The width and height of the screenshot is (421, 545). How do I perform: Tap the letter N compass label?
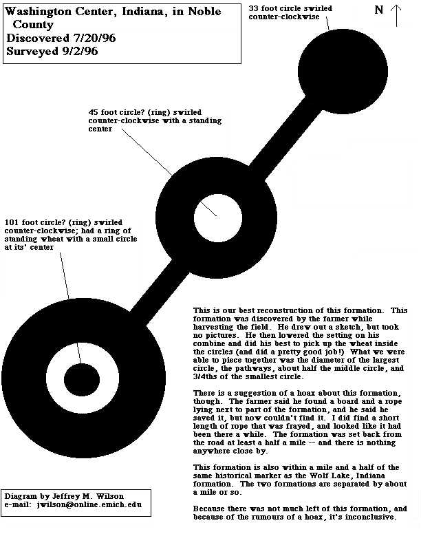379,10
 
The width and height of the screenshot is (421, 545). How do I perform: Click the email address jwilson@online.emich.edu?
89,504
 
